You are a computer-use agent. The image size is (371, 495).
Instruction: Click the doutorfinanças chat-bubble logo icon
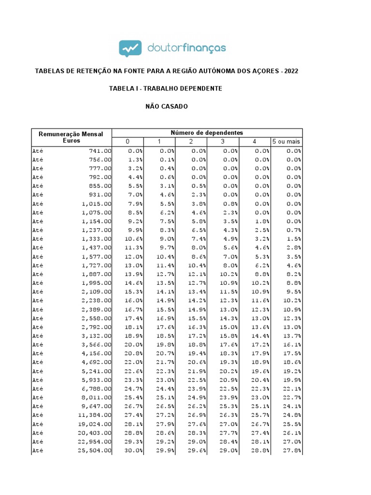tap(130, 48)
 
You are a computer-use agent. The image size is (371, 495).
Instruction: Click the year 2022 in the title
tap(291, 71)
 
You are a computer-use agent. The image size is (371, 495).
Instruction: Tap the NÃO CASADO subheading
tap(167, 106)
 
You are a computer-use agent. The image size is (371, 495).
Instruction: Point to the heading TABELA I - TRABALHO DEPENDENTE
tap(166, 88)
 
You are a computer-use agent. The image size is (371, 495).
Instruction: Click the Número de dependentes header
tap(207, 132)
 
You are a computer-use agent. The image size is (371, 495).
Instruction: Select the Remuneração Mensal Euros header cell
tap(71, 137)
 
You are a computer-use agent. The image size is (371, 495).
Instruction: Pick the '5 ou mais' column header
tap(286, 142)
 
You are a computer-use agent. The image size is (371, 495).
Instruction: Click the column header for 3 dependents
tap(223, 142)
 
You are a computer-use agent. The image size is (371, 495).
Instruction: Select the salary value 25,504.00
tap(95, 451)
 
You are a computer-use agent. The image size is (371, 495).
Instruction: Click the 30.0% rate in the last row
tap(135, 451)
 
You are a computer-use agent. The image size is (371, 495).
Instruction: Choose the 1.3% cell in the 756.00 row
tap(135, 160)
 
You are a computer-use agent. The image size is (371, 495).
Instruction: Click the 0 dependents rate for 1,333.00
tap(134, 239)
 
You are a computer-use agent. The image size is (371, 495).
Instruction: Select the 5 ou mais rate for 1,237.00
tap(294, 230)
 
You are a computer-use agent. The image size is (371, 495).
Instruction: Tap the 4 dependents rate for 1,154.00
tap(262, 221)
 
